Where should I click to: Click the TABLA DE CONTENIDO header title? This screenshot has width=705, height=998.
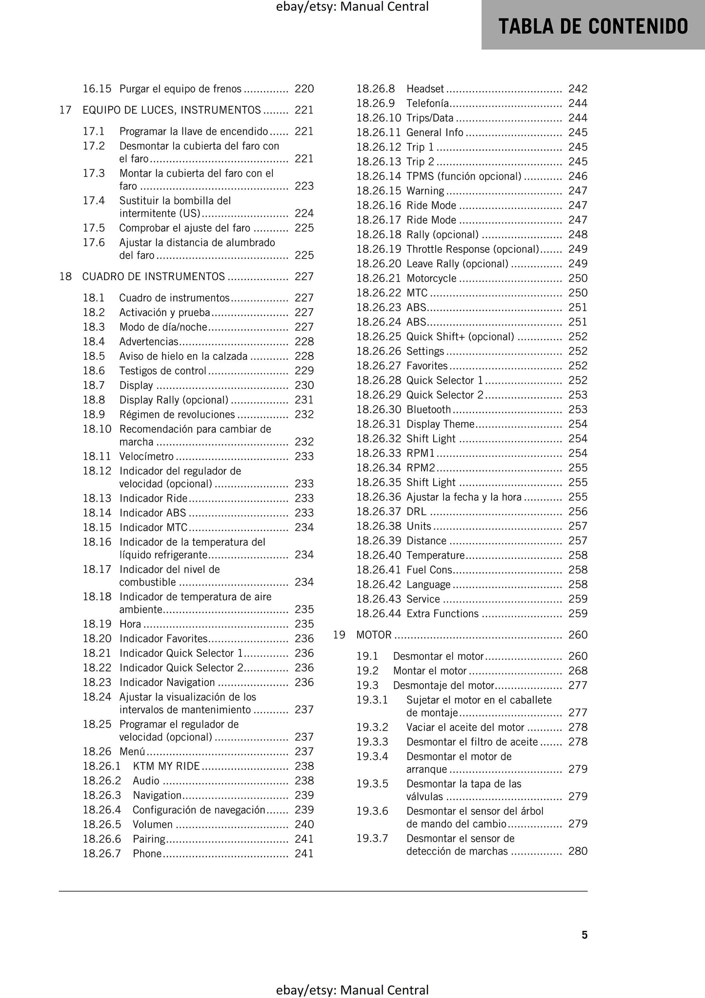coord(593,26)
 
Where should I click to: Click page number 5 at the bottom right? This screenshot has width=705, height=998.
coord(584,935)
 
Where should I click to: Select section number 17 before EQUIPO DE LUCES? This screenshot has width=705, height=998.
coord(65,110)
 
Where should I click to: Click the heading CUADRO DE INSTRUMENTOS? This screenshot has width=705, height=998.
coord(154,277)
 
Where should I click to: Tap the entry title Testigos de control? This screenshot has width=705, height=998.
coord(163,371)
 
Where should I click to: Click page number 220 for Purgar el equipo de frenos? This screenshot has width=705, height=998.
coord(304,89)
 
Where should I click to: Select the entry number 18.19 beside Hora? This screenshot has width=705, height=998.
coord(97,624)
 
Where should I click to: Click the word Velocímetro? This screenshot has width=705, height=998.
coord(146,457)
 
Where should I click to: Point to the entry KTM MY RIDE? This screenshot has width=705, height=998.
coord(166,766)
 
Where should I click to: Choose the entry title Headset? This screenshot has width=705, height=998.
coord(425,89)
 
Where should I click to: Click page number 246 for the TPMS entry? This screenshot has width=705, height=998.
coord(578,176)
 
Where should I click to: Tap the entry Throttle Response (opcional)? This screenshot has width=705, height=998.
coord(472,249)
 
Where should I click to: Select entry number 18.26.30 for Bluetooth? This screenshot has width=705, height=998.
coord(379,409)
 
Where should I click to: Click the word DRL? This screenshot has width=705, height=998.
coord(416,511)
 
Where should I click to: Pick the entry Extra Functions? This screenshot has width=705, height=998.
coord(443,614)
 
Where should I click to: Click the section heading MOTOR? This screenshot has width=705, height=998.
coord(374,635)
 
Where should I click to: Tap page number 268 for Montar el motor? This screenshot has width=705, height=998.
coord(578,671)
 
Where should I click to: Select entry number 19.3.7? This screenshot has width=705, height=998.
coord(372,838)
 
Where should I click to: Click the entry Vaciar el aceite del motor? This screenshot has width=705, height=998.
coord(465,727)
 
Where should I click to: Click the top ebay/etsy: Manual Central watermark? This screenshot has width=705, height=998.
coord(352,7)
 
